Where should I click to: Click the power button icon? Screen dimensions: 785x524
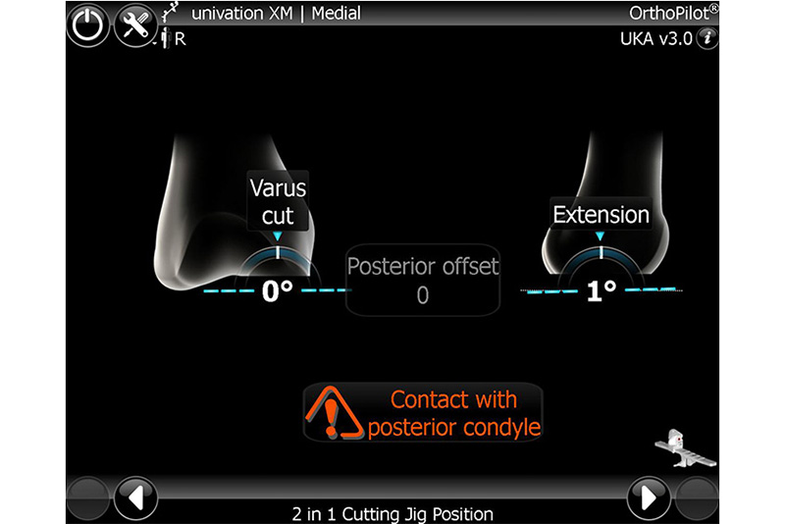[x=88, y=26]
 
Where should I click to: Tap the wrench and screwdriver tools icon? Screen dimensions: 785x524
[x=135, y=26]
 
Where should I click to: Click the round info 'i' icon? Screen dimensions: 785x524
[x=707, y=38]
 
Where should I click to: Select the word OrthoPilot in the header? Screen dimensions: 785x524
[x=669, y=13]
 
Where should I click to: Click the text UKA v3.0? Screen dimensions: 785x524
[x=656, y=39]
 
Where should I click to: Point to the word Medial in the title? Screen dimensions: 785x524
[x=336, y=13]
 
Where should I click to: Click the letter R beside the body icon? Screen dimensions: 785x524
[x=181, y=39]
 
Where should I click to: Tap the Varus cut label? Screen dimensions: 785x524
[x=278, y=201]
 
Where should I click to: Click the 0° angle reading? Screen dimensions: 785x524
[x=277, y=290]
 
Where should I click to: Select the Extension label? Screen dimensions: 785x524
[x=601, y=214]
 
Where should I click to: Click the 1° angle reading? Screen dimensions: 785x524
[x=601, y=290]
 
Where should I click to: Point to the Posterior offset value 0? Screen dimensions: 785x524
[x=423, y=295]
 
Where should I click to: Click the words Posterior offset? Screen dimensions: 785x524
[x=423, y=266]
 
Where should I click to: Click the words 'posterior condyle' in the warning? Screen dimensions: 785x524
[x=454, y=428]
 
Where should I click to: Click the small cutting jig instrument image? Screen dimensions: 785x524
[x=685, y=448]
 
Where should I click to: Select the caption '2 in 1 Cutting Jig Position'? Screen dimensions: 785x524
[x=392, y=514]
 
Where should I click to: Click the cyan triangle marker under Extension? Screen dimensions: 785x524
[x=600, y=236]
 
